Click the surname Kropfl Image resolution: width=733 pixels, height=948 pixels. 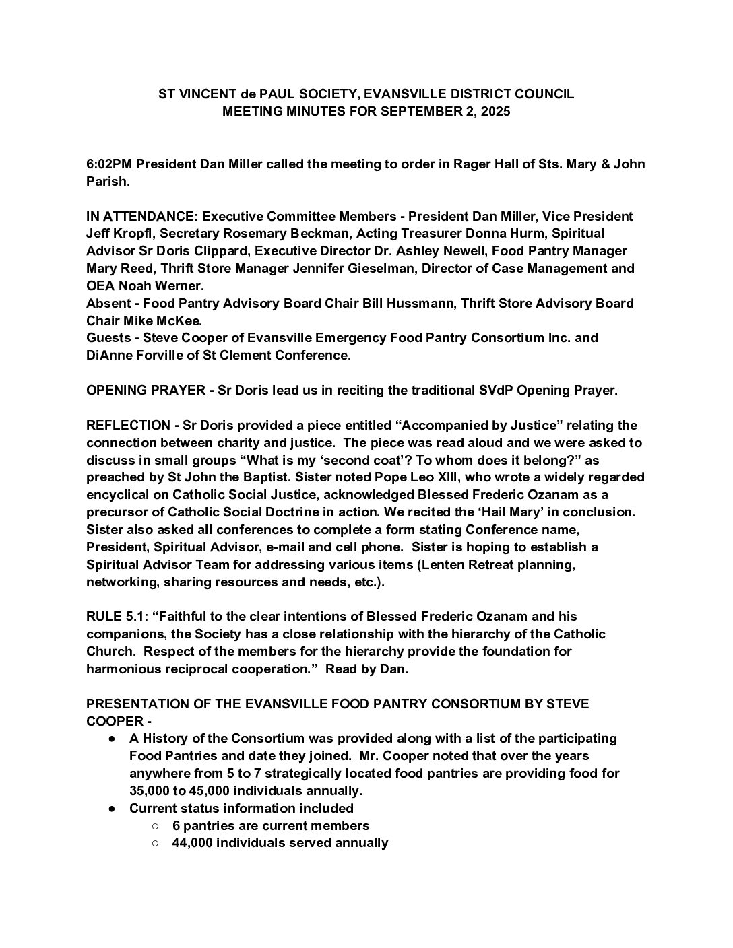(134, 234)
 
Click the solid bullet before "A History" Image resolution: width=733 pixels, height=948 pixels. (112, 739)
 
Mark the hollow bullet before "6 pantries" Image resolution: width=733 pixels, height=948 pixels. (155, 825)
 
